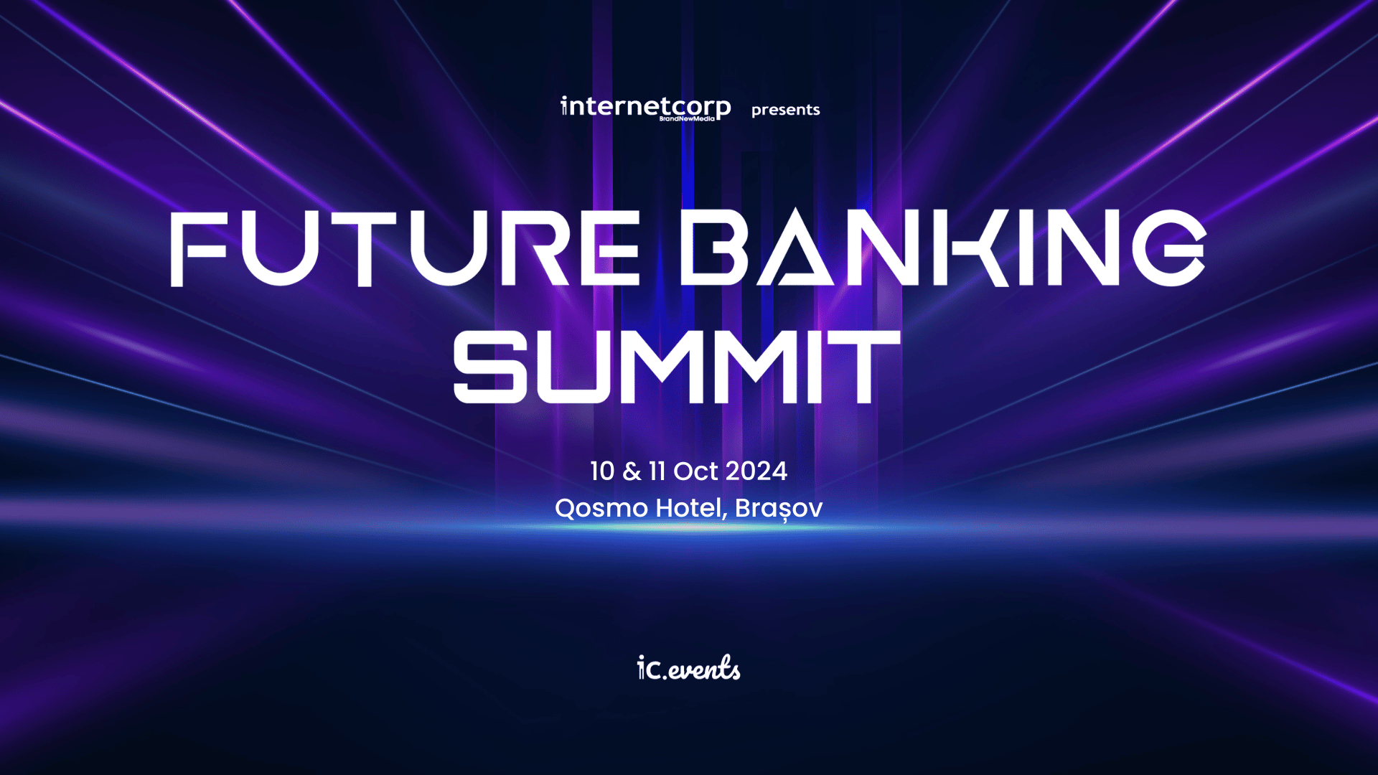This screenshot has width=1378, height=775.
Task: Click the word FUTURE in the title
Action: pos(406,248)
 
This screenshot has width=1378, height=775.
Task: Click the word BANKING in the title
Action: pos(942,248)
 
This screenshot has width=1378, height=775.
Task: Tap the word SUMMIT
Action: pos(676,367)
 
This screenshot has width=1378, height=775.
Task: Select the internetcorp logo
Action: pos(646,108)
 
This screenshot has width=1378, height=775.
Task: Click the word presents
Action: pos(785,110)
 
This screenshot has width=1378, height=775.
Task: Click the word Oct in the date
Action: pos(695,471)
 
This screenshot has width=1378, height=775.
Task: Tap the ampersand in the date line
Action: pos(632,471)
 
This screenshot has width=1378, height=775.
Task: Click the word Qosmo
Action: pos(601,508)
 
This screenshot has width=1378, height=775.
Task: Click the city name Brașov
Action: pos(779,508)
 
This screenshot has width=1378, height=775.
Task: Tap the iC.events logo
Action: pos(688,668)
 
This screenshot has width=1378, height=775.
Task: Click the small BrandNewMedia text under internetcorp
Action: pos(687,119)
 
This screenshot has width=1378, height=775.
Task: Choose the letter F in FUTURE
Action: pos(198,248)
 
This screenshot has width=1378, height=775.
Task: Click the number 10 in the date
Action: pos(602,471)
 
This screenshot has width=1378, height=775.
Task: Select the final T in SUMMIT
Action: pos(865,367)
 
